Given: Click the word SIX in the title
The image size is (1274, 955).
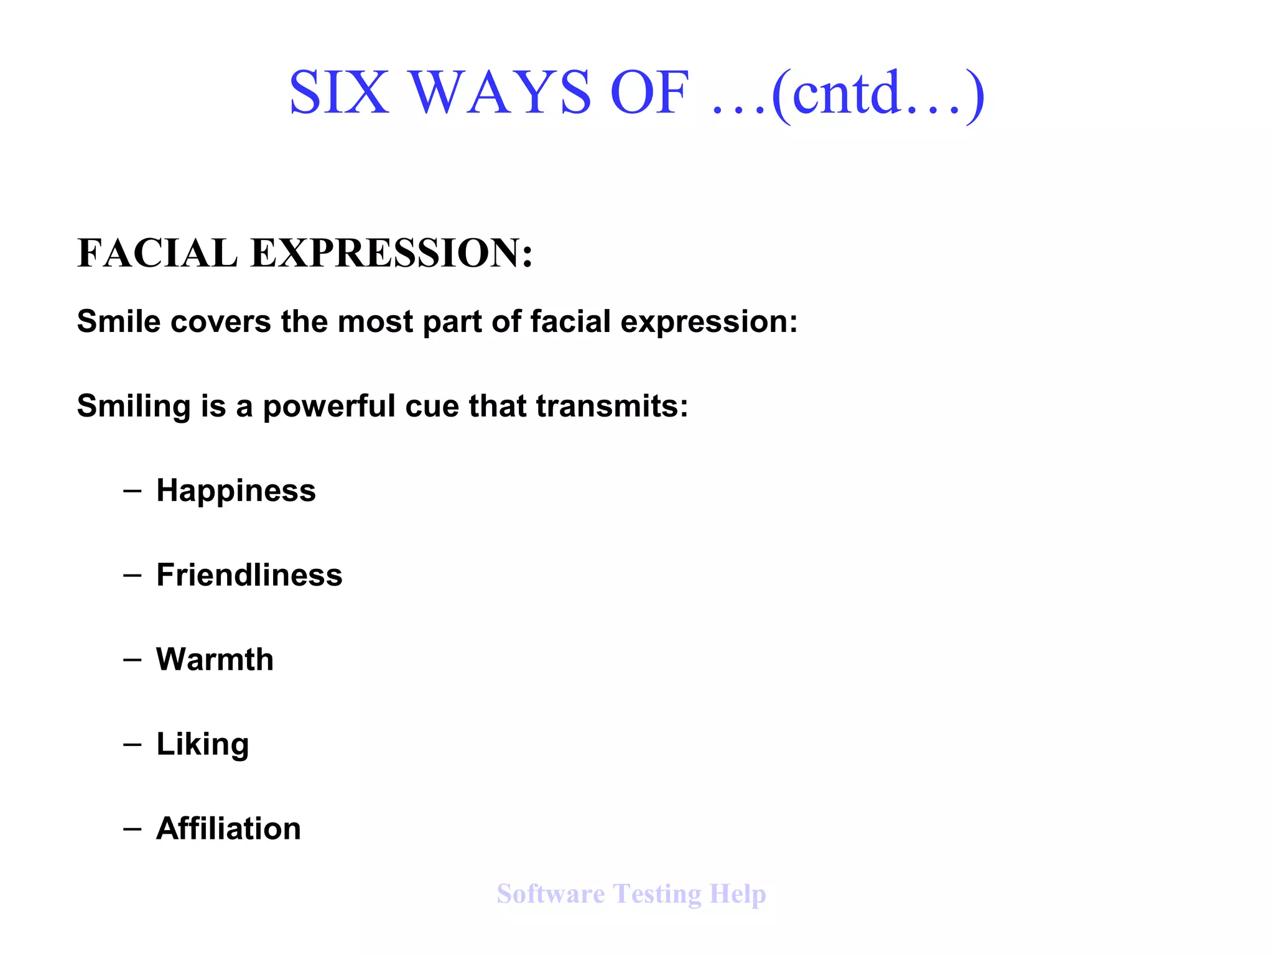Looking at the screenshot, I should pyautogui.click(x=339, y=93).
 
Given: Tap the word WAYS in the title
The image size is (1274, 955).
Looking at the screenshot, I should pyautogui.click(x=500, y=93).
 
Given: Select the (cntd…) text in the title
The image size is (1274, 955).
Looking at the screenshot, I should pyautogui.click(x=878, y=94).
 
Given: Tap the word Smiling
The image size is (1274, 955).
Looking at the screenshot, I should pyautogui.click(x=134, y=406).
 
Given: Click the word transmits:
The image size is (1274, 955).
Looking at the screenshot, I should pyautogui.click(x=612, y=406).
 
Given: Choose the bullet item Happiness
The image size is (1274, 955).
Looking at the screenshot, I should pyautogui.click(x=236, y=491).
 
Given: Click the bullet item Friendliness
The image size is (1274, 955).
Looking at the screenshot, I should pyautogui.click(x=249, y=574).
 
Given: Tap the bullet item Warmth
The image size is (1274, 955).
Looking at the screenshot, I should pyautogui.click(x=215, y=659).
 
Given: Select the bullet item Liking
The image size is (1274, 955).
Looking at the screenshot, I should pyautogui.click(x=202, y=744).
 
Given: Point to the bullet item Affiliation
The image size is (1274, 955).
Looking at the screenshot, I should pyautogui.click(x=228, y=828).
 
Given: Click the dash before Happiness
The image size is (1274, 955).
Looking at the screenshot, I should pyautogui.click(x=132, y=491).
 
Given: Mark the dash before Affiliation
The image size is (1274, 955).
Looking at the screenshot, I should pyautogui.click(x=132, y=829).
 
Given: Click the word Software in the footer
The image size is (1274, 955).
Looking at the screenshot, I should pyautogui.click(x=551, y=893).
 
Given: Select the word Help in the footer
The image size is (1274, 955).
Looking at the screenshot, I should pyautogui.click(x=738, y=895).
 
